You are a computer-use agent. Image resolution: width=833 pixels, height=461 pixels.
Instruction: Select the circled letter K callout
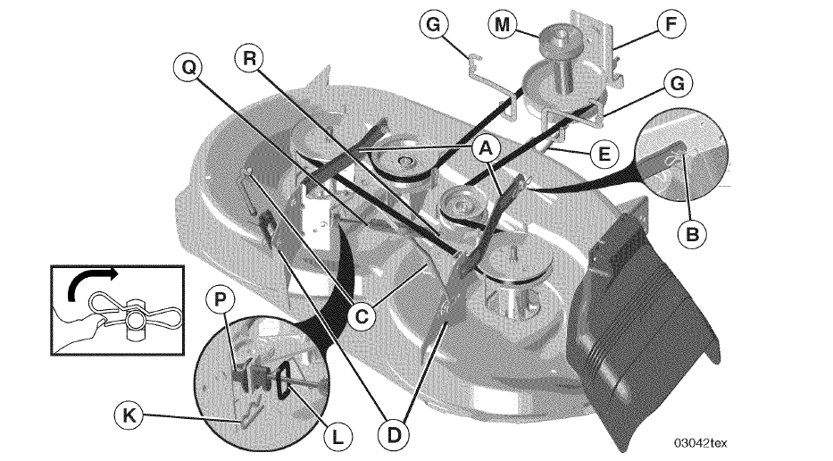coord(129,415)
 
